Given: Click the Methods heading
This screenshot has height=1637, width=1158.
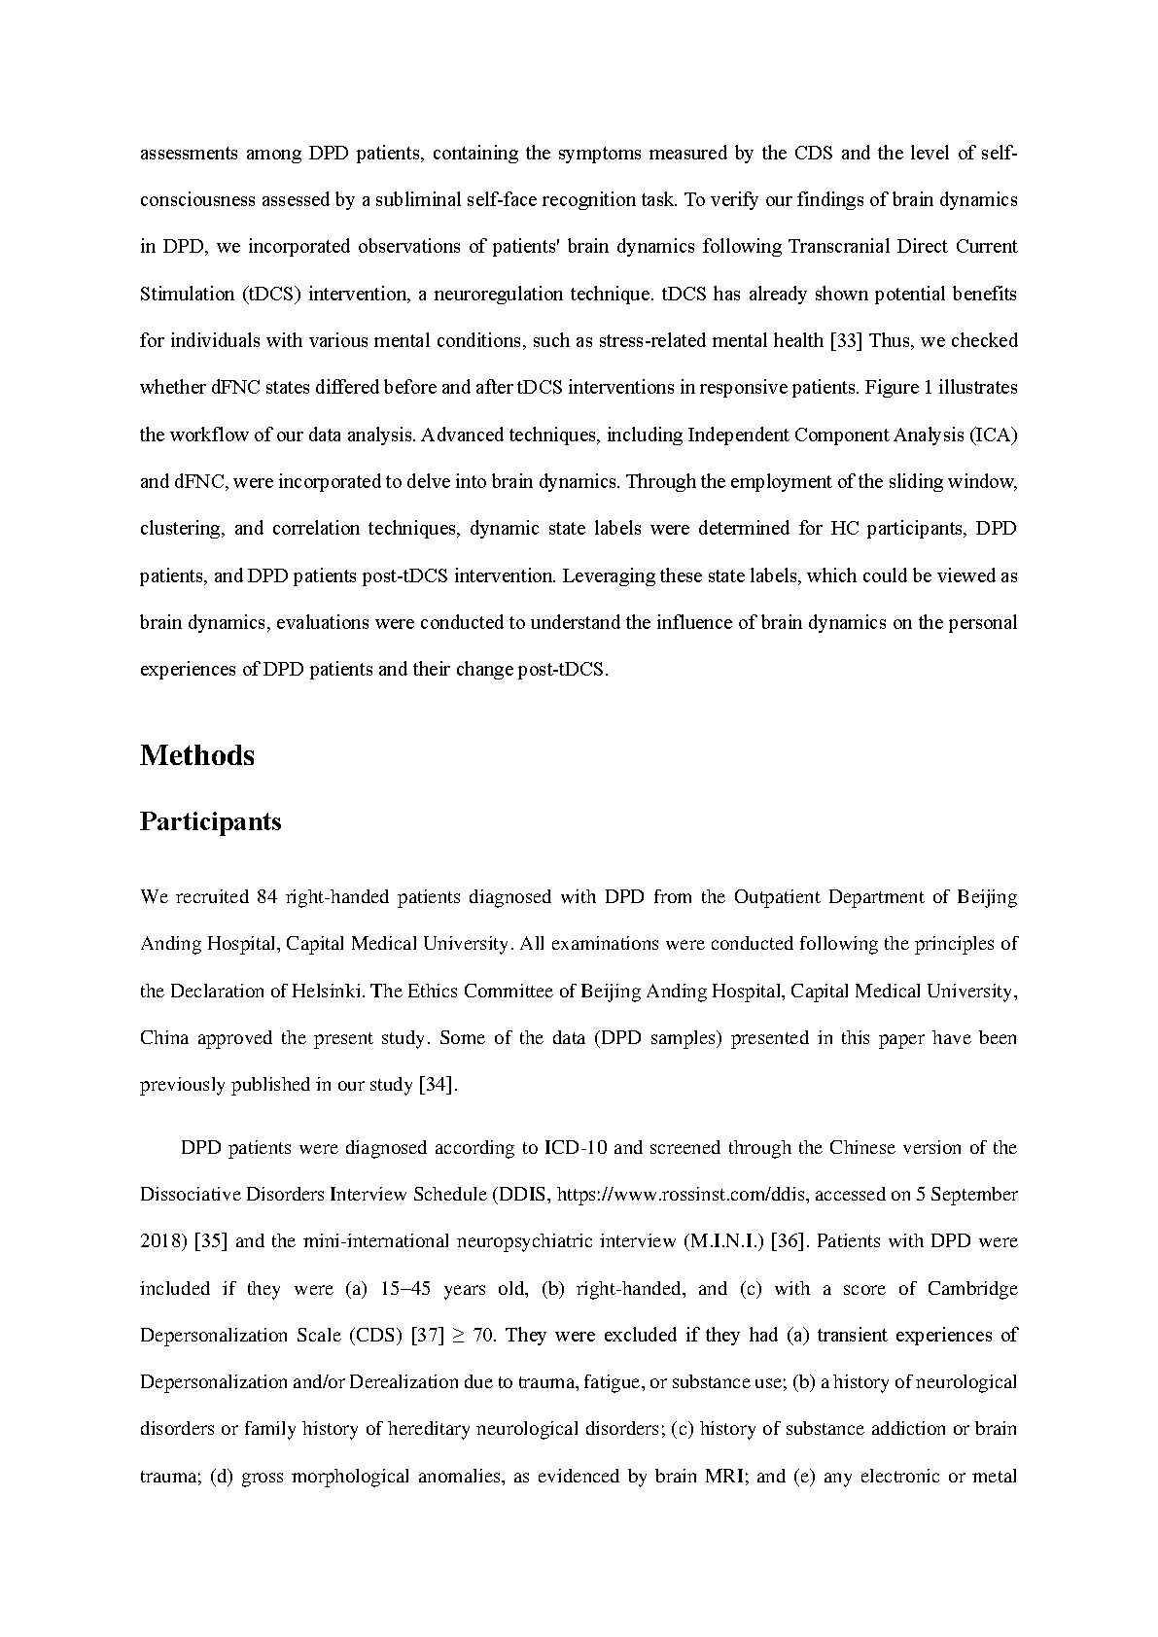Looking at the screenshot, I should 197,755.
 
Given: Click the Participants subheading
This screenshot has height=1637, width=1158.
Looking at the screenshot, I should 211,821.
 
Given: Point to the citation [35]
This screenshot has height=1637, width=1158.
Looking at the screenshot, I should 211,1241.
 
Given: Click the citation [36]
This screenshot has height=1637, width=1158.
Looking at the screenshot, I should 786,1241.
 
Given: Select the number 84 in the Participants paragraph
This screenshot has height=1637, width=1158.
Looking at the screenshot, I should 267,896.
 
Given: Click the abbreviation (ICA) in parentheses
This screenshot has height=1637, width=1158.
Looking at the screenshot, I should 994,435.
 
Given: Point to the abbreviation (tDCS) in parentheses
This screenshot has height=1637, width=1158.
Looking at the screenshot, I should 268,294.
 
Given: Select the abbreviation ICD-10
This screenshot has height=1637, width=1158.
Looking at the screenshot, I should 576,1147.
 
